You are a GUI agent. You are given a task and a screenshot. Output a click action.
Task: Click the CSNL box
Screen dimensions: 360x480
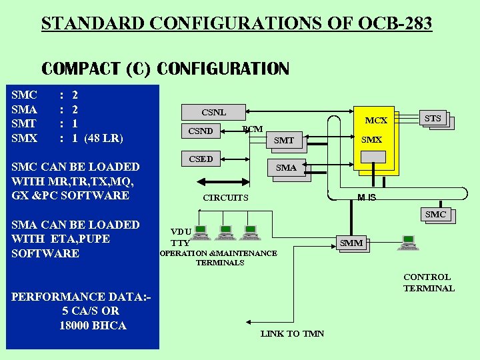[213, 112]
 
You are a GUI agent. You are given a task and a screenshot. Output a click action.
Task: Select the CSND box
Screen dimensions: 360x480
[200, 131]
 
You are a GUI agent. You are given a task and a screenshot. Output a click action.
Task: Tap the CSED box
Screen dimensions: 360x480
[201, 159]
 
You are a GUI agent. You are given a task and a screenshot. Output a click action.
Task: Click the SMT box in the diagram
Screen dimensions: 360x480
[284, 140]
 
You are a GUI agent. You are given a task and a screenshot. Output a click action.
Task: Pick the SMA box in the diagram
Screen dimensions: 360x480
[286, 168]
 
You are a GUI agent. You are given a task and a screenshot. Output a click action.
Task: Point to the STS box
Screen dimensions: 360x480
[433, 119]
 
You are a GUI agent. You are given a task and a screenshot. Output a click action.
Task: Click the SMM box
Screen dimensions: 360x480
[351, 243]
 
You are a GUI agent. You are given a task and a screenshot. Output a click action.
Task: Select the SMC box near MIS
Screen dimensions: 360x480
[435, 215]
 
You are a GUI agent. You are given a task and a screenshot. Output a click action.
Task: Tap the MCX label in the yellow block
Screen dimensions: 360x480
[376, 121]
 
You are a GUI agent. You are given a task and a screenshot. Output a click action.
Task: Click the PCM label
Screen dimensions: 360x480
[252, 129]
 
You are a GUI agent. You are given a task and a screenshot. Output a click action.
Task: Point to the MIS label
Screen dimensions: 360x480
[367, 197]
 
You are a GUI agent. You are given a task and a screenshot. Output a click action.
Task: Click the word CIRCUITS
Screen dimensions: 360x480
[225, 197]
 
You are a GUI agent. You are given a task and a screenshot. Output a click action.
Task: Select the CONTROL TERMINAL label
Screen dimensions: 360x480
[428, 283]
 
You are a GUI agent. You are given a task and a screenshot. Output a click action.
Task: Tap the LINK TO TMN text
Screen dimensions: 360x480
[292, 333]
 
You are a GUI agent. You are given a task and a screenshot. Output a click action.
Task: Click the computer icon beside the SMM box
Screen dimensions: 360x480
[407, 243]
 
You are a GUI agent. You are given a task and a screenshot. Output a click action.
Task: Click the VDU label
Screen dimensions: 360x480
[181, 232]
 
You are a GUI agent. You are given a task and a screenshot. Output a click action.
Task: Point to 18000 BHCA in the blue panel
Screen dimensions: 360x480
[93, 325]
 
